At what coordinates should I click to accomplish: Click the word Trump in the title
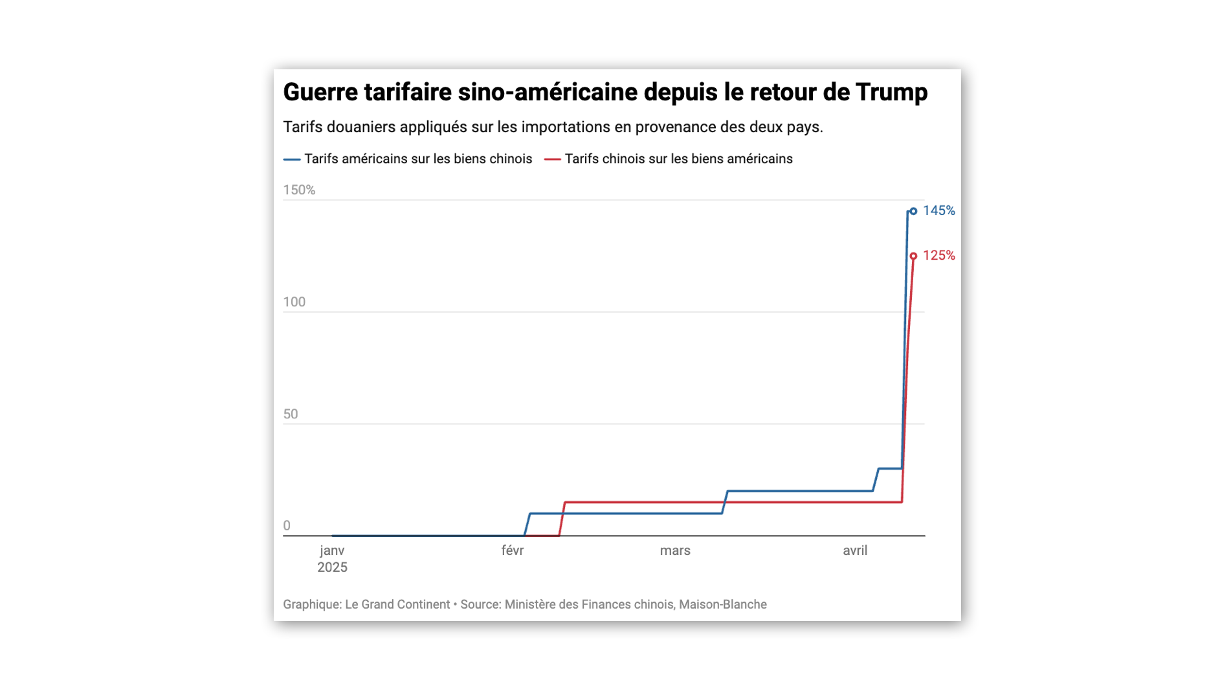coord(891,93)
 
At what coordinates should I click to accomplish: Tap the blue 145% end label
coord(938,210)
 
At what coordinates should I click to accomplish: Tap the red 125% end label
coord(938,256)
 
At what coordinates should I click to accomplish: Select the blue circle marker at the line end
coord(913,211)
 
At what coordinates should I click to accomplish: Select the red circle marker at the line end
coord(913,256)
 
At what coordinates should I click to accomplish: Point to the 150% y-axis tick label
coord(299,190)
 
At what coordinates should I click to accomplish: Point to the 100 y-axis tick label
coord(294,302)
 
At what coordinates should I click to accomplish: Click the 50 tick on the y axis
coord(291,414)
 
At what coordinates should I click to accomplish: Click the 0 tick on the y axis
coord(287,526)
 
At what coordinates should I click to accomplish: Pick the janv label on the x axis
coord(332,551)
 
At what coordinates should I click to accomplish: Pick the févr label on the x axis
coord(513,551)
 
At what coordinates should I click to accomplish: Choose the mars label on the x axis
coord(675,551)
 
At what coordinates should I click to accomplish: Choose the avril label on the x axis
coord(855,551)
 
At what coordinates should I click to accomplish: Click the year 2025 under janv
coord(332,568)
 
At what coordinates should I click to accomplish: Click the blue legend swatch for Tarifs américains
coord(292,159)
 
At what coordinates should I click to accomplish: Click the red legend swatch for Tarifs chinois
coord(552,159)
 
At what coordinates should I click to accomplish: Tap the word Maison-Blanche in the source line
coord(723,605)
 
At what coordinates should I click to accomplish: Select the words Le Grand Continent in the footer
coord(397,605)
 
